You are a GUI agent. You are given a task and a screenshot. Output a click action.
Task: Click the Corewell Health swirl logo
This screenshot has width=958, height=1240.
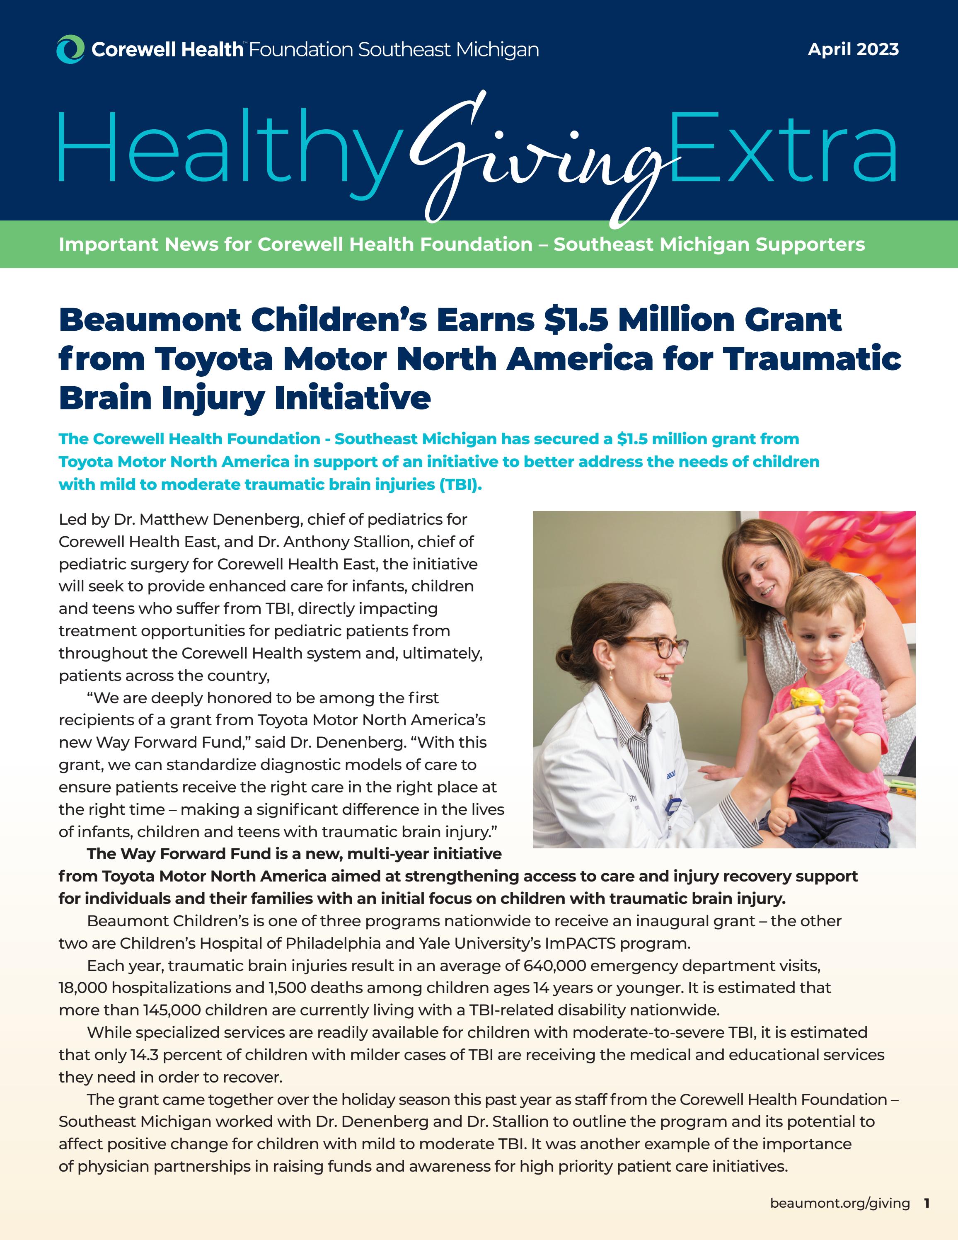coord(70,49)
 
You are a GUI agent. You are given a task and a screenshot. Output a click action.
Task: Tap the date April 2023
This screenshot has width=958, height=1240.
coord(853,49)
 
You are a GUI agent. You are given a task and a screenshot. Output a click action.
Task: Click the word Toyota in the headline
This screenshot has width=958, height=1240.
coord(213,359)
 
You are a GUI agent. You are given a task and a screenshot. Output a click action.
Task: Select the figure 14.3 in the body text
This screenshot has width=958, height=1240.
coord(144,1054)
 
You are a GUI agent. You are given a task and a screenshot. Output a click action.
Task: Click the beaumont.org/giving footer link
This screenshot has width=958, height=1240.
coord(839,1203)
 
